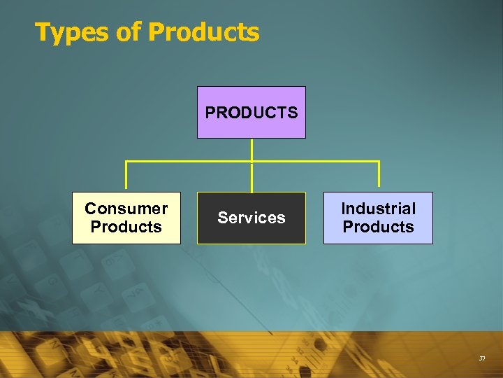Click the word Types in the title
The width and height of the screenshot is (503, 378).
[x=67, y=32]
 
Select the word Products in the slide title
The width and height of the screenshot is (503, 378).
[x=203, y=32]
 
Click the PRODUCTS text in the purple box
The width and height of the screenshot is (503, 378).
[x=251, y=112]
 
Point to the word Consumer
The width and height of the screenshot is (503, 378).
[x=126, y=209]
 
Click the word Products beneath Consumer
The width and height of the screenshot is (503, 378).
[x=126, y=227]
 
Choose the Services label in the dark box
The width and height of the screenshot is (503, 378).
[x=251, y=218]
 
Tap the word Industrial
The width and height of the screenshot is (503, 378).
[x=378, y=209]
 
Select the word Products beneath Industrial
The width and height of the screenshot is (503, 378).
[x=378, y=227]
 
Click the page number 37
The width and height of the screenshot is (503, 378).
[x=482, y=358]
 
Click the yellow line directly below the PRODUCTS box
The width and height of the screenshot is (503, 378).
[x=251, y=150]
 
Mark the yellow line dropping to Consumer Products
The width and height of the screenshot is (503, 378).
[x=126, y=177]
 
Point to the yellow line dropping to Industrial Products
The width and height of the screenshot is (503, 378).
[x=378, y=177]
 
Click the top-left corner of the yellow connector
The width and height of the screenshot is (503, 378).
[x=126, y=162]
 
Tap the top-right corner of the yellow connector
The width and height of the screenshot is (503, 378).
[x=378, y=162]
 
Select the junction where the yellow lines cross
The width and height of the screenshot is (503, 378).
[x=251, y=162]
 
